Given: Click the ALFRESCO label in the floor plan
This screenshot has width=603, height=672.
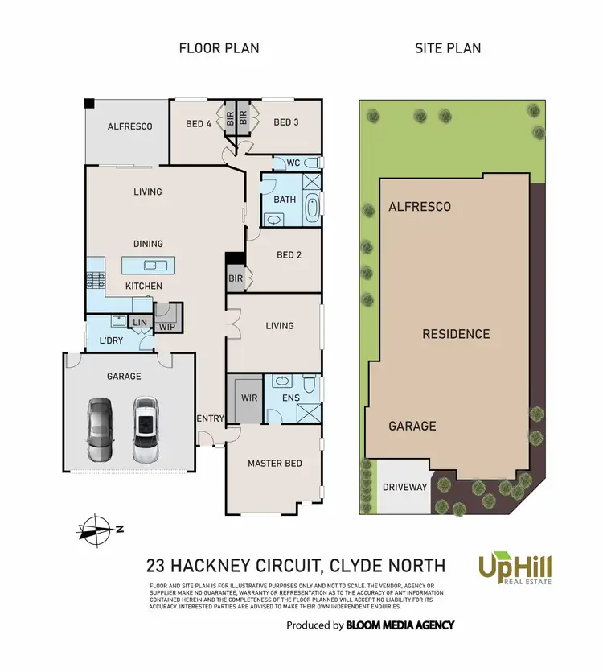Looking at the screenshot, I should pyautogui.click(x=129, y=126).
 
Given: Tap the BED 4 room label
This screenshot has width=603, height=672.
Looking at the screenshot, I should pyautogui.click(x=199, y=123).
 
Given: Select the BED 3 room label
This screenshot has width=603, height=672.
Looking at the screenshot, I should pyautogui.click(x=286, y=122).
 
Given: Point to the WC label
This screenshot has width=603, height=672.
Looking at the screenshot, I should pyautogui.click(x=293, y=163).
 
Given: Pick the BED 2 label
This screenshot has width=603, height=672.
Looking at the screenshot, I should pyautogui.click(x=289, y=255).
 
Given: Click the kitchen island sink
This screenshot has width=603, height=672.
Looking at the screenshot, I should pyautogui.click(x=150, y=265).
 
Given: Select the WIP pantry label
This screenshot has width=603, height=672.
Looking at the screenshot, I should pyautogui.click(x=167, y=327).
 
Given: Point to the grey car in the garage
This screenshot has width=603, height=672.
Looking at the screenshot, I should pyautogui.click(x=100, y=429).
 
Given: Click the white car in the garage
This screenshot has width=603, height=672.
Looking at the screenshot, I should pyautogui.click(x=145, y=429).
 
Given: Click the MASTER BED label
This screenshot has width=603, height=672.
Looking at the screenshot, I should pyautogui.click(x=275, y=464).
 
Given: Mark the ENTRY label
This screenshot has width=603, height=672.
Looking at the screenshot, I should pyautogui.click(x=210, y=418).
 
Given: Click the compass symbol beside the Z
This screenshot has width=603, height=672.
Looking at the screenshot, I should pyautogui.click(x=95, y=529).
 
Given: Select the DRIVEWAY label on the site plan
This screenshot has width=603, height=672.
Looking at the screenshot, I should pyautogui.click(x=404, y=487).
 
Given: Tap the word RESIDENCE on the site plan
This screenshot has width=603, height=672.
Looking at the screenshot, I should pyautogui.click(x=456, y=334).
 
